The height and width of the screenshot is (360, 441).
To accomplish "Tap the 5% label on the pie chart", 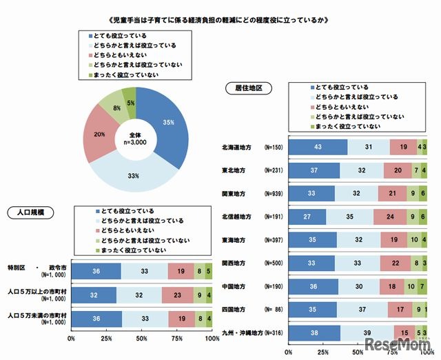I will pyautogui.click(x=130, y=103).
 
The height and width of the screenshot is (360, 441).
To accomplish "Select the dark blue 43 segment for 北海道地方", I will pyautogui.click(x=318, y=147).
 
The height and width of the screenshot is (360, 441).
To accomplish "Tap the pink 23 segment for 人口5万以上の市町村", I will pyautogui.click(x=178, y=294).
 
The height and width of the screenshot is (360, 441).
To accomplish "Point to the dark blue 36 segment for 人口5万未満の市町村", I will pyautogui.click(x=96, y=319).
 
